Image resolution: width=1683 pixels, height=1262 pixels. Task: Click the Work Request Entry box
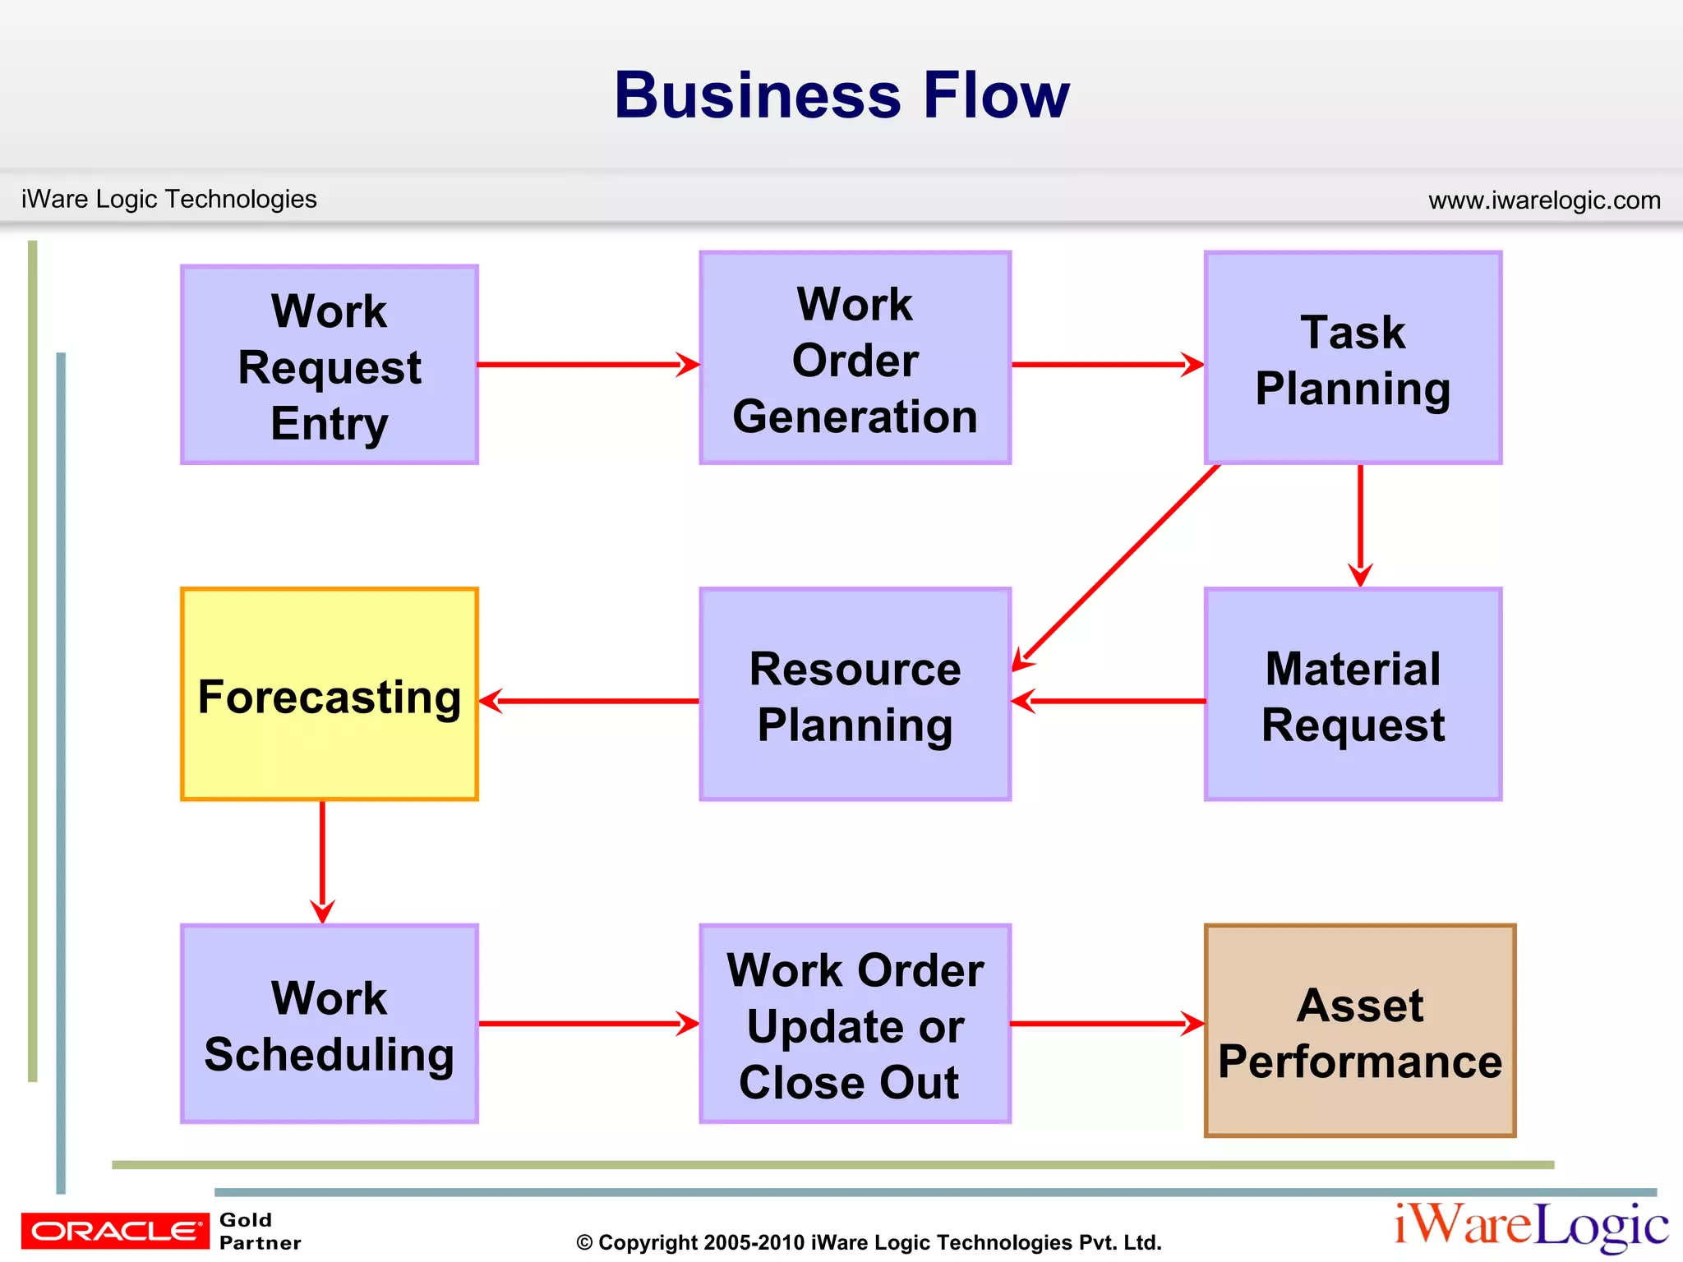[329, 365]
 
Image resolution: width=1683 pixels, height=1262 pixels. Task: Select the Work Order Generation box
[855, 358]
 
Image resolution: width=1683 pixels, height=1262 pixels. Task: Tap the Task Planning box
[1353, 358]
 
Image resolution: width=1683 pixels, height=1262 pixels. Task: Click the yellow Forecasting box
[329, 694]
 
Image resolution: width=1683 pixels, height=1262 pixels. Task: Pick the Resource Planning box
[855, 694]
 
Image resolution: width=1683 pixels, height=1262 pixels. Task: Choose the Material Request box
[1353, 694]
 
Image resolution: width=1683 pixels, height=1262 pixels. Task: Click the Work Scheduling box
[329, 1024]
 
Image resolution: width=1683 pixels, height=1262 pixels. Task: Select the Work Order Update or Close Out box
[855, 1024]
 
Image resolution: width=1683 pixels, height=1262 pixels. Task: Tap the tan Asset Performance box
[1360, 1031]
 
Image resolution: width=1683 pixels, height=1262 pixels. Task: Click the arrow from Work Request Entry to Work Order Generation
[588, 364]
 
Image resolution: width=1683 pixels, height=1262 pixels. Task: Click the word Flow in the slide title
[996, 95]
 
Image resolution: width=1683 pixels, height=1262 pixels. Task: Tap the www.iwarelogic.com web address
[1544, 200]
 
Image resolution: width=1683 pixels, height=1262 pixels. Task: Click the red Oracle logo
[115, 1231]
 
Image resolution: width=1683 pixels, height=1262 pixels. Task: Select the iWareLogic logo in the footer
[1530, 1226]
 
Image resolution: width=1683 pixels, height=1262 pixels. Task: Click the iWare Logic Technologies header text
[169, 199]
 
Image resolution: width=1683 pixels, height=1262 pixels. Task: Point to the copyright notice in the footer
[869, 1242]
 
